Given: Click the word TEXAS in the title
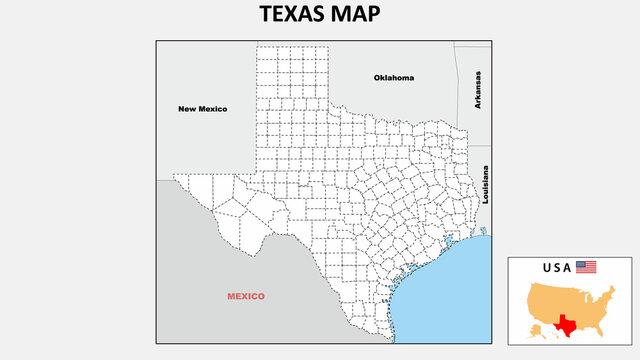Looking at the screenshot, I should [x=292, y=15].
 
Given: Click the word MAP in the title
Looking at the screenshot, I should [x=358, y=15].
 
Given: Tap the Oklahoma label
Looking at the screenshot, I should [x=394, y=78].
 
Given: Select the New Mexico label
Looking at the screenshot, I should [x=203, y=109].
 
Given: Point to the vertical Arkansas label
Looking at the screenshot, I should [x=478, y=90].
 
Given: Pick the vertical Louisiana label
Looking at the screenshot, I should [x=485, y=185].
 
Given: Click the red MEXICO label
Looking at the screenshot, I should [x=245, y=296].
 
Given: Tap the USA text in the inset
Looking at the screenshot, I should [x=557, y=267].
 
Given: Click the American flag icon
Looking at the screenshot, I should [x=586, y=267].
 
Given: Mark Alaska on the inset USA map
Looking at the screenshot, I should [x=530, y=331].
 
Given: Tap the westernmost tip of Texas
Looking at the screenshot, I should [x=173, y=176].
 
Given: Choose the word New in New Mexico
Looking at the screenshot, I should [x=186, y=109].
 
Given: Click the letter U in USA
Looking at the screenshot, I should [x=547, y=267].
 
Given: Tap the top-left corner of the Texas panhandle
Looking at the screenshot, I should [x=257, y=43].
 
